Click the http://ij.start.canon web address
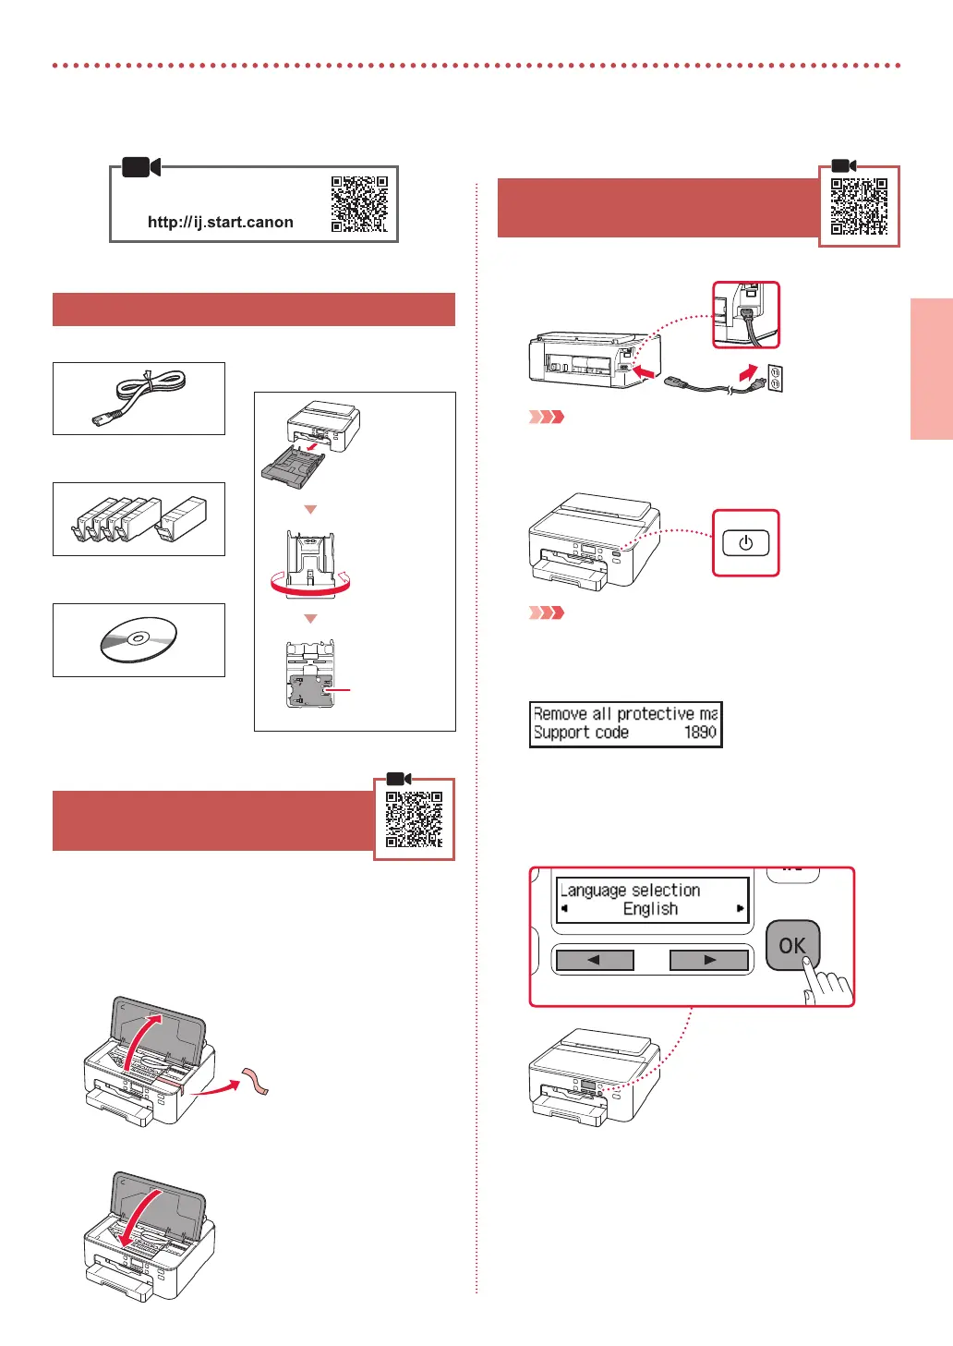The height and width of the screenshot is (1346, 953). pyautogui.click(x=220, y=222)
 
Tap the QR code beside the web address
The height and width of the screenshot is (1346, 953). pyautogui.click(x=359, y=204)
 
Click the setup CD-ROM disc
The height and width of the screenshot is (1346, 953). pyautogui.click(x=138, y=639)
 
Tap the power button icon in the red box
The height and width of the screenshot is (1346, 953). pyautogui.click(x=745, y=543)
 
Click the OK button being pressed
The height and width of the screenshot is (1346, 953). pyautogui.click(x=791, y=945)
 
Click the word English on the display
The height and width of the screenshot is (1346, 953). pyautogui.click(x=650, y=909)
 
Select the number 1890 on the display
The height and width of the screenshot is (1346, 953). pyautogui.click(x=699, y=733)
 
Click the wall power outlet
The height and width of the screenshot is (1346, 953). pyautogui.click(x=775, y=379)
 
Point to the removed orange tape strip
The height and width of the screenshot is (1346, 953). pyautogui.click(x=256, y=1081)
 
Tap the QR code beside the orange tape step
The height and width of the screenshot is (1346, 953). pyautogui.click(x=414, y=819)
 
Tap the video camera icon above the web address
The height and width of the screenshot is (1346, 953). pyautogui.click(x=141, y=167)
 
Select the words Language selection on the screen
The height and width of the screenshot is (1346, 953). pyautogui.click(x=631, y=891)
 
